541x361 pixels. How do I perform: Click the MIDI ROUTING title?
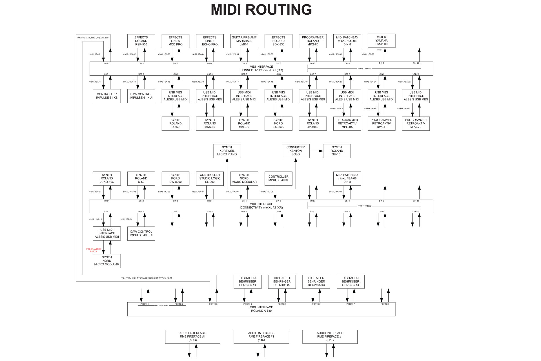[261, 10]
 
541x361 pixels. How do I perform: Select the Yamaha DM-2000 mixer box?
[381, 41]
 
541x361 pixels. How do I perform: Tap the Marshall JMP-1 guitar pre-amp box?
[244, 41]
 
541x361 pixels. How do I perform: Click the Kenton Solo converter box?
[295, 151]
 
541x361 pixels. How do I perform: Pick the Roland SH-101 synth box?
[337, 151]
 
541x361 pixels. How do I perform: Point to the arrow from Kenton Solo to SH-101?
[316, 151]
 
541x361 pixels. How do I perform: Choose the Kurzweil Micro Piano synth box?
[227, 151]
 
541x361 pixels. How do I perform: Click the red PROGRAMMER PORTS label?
[93, 250]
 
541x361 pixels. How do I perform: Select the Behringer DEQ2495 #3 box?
[316, 281]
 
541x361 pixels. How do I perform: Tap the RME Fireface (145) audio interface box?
[261, 336]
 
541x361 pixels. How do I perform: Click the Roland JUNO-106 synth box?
[107, 179]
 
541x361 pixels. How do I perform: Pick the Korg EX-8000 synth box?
[278, 124]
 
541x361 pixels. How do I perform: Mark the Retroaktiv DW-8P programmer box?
[381, 124]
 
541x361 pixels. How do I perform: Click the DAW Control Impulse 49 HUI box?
[141, 234]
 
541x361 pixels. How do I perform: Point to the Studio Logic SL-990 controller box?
[210, 179]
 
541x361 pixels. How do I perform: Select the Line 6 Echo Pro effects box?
[210, 41]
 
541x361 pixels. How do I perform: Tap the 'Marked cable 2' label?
[370, 109]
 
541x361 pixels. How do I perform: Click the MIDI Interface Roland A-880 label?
[261, 309]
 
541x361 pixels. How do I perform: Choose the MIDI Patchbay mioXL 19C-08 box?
[347, 41]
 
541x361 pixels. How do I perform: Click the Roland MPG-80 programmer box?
[313, 41]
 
